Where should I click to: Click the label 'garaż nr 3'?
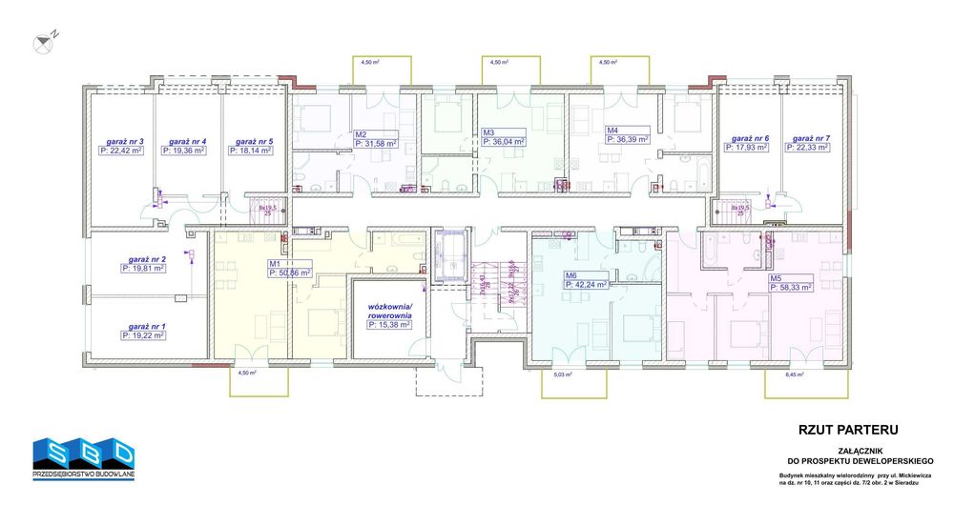(x=123, y=141)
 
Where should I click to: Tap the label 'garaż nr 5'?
(x=254, y=141)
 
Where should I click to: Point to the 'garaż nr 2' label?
(x=144, y=259)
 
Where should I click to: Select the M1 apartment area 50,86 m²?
(x=289, y=273)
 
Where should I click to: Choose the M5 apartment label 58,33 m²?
(x=790, y=286)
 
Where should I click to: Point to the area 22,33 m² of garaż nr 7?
(x=810, y=148)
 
